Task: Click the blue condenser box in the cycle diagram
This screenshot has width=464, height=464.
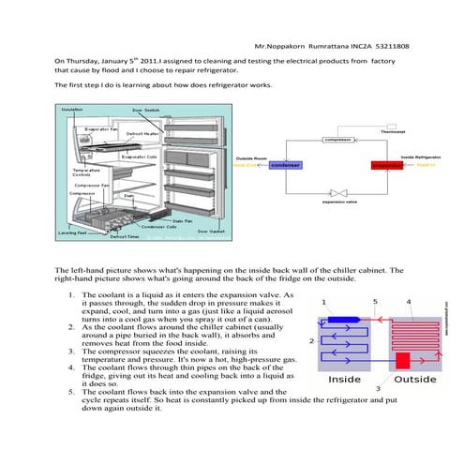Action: tap(284, 165)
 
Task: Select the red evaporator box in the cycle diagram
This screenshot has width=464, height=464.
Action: tap(384, 165)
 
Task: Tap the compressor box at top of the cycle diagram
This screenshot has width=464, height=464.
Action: tap(335, 140)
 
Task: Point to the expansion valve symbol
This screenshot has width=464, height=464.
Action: tap(336, 189)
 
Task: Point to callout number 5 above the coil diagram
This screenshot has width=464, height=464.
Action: tap(375, 302)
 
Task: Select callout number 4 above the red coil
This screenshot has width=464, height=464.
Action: tap(408, 302)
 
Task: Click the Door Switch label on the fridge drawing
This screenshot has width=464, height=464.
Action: tap(145, 110)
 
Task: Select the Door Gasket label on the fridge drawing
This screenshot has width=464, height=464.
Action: tap(210, 231)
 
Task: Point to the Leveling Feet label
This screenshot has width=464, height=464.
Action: tap(73, 232)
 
